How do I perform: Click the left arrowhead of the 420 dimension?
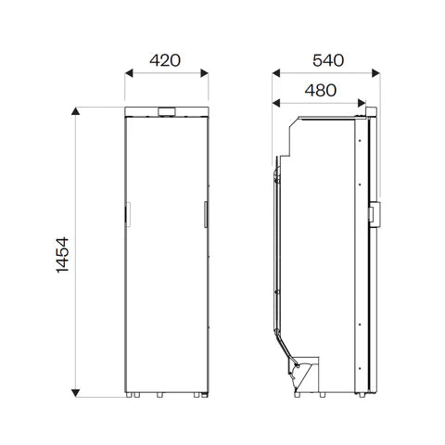(128, 77)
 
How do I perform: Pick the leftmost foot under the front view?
(133, 395)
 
